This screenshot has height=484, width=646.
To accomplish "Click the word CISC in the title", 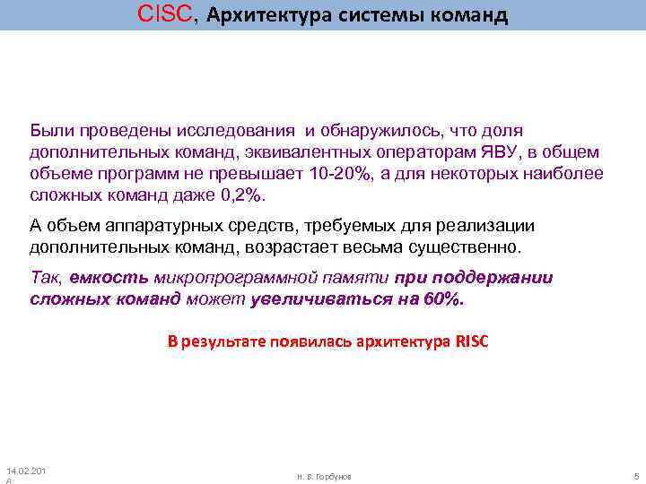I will pyautogui.click(x=165, y=14).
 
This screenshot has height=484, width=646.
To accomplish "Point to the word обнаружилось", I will pyautogui.click(x=378, y=131).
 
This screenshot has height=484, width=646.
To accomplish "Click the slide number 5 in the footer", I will pyautogui.click(x=634, y=475).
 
